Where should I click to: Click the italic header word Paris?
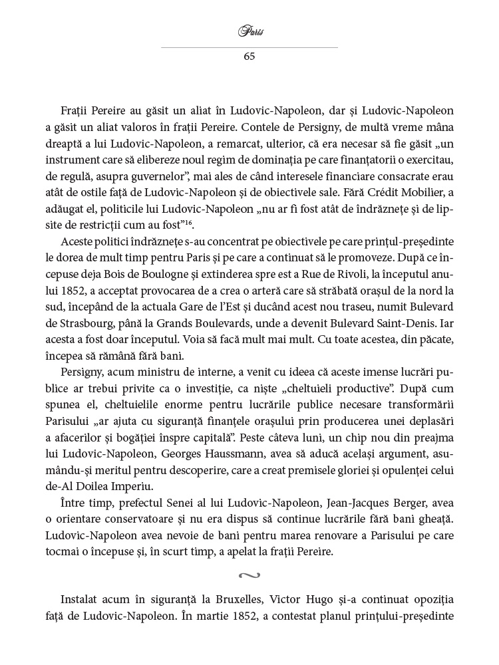pos(249,31)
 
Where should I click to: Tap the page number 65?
pos(249,56)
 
